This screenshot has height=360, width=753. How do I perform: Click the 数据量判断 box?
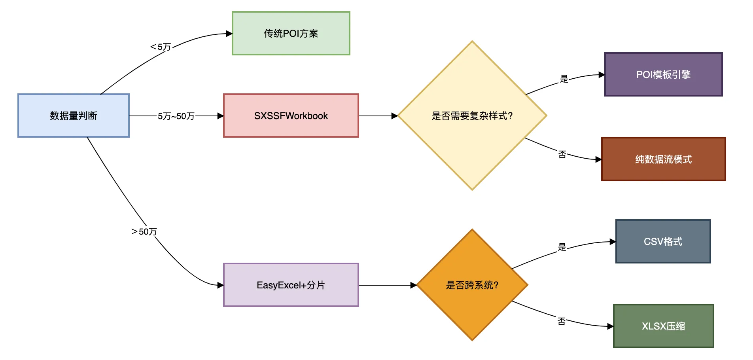[74, 116]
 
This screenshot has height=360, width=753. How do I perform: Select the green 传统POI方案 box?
[291, 33]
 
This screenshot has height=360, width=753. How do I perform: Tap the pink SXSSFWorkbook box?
[291, 116]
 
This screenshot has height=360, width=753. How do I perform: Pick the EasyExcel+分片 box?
[291, 285]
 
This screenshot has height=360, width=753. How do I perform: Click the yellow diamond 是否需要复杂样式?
[472, 116]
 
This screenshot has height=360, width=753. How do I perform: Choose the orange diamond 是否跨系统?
[472, 285]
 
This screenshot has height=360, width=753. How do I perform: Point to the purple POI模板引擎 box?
[663, 74]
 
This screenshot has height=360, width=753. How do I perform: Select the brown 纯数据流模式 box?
[663, 159]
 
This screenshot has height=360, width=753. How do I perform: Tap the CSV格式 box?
[663, 241]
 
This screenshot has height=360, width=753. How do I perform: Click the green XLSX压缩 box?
[663, 326]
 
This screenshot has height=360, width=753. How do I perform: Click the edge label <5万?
[161, 47]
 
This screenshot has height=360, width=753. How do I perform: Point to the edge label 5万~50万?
[176, 116]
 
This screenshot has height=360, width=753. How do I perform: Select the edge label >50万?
[144, 231]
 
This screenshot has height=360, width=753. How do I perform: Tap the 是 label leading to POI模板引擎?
[564, 79]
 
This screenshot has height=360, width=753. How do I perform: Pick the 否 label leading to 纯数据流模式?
[562, 154]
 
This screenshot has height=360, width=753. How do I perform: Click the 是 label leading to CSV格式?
[562, 247]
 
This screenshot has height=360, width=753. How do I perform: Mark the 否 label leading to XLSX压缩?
[561, 321]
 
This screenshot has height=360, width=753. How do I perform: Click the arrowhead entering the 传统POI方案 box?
[229, 34]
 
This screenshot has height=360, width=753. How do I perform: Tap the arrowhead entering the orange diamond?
[414, 285]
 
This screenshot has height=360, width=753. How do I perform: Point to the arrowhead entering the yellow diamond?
[394, 116]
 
